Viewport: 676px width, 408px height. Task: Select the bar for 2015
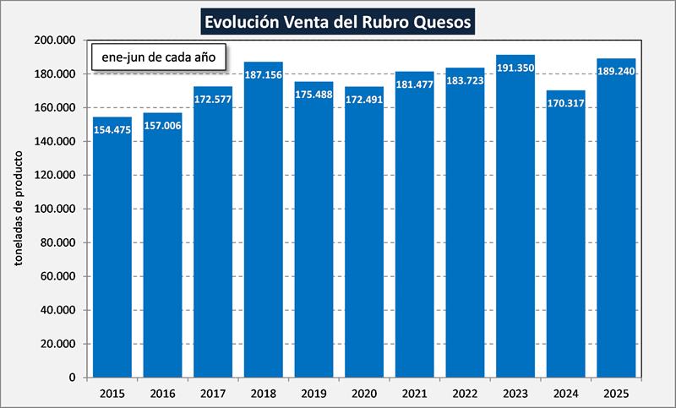[112, 253]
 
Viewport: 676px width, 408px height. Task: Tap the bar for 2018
[264, 228]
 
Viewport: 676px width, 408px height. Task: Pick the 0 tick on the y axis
[74, 378]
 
